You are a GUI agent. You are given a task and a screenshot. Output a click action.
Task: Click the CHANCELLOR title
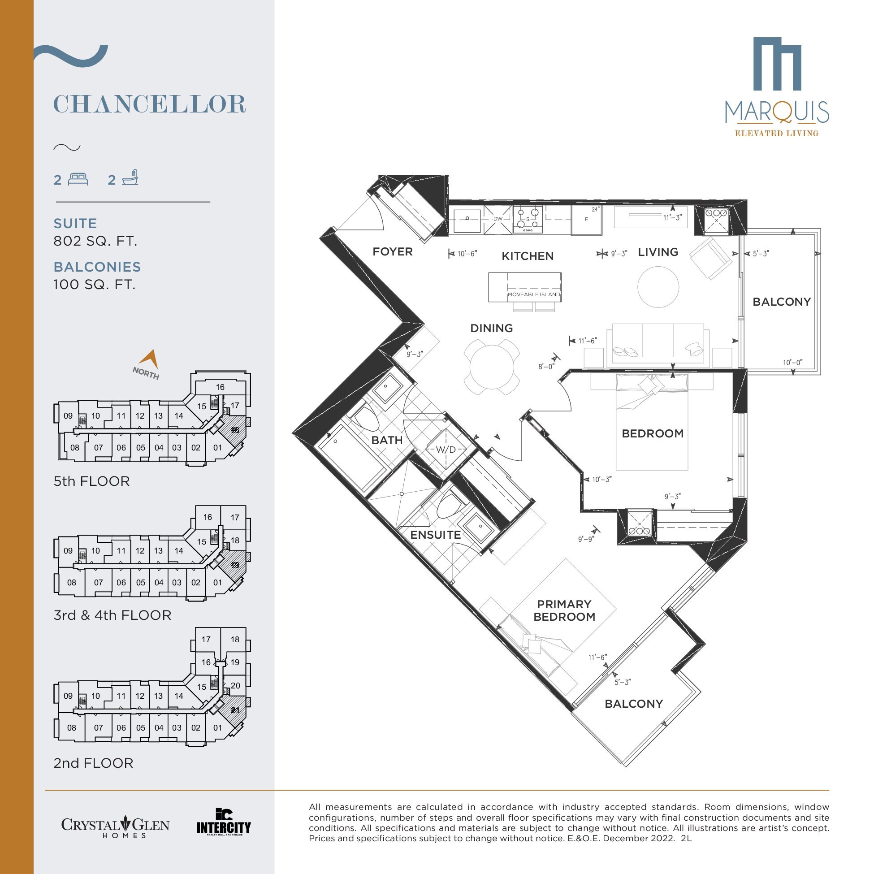click(x=150, y=104)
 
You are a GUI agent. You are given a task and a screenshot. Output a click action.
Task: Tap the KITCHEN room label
click(x=528, y=256)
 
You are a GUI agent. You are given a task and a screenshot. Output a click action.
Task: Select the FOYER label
click(x=392, y=251)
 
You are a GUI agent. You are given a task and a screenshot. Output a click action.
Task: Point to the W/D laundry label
click(x=446, y=450)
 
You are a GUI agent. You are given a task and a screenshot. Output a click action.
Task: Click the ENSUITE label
click(x=435, y=535)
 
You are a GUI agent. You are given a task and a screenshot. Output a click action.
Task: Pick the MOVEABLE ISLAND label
click(x=534, y=294)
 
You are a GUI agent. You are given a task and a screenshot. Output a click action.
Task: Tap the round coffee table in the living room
click(x=658, y=287)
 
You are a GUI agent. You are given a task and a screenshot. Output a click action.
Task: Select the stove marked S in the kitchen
click(x=528, y=220)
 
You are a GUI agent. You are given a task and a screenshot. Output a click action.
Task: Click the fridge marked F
click(x=586, y=220)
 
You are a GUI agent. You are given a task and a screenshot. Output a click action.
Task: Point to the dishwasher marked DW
click(x=498, y=220)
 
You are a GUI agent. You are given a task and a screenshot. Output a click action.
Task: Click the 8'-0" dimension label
click(x=546, y=367)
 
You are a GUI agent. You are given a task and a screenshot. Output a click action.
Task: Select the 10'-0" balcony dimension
click(x=792, y=362)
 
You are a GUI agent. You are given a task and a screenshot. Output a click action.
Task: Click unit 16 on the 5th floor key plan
click(x=221, y=387)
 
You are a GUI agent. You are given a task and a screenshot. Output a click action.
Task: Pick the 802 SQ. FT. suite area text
click(x=95, y=241)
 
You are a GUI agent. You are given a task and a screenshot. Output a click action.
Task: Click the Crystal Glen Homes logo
click(x=115, y=825)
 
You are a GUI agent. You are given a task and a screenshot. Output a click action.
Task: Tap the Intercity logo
click(x=224, y=822)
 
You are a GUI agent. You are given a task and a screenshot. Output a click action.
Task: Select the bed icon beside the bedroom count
click(x=78, y=179)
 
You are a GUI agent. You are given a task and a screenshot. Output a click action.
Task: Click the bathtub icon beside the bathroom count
click(x=130, y=178)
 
